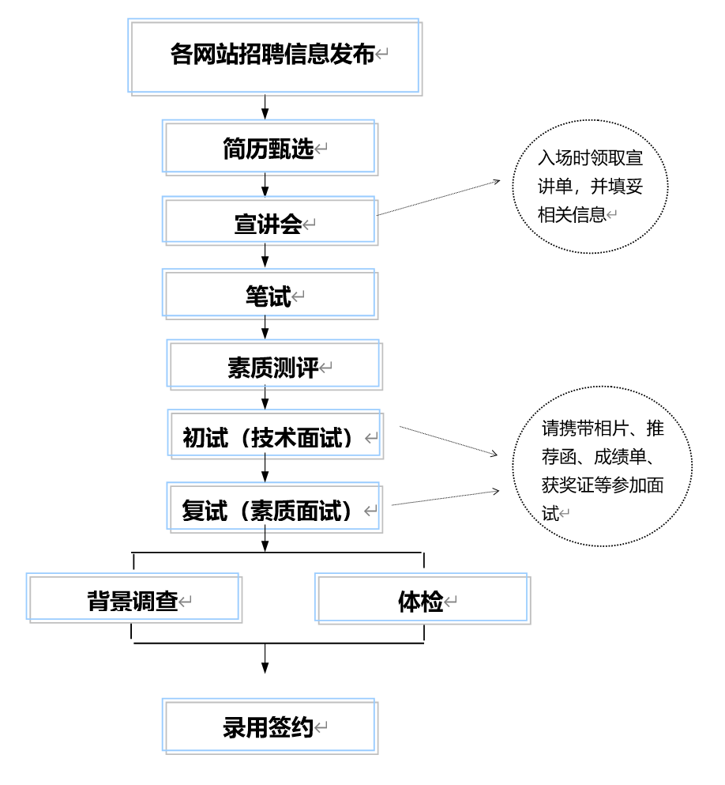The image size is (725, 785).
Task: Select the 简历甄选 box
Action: click(x=269, y=147)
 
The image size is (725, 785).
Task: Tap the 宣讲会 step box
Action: click(x=269, y=221)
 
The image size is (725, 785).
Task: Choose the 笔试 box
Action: click(x=269, y=295)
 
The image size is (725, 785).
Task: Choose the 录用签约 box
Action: click(x=269, y=724)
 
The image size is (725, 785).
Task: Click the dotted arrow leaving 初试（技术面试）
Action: click(x=450, y=442)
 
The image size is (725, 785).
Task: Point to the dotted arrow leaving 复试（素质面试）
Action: click(x=446, y=498)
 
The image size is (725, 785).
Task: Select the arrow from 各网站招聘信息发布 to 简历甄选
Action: click(x=265, y=106)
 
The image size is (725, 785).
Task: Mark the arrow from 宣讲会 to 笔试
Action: click(x=265, y=255)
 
